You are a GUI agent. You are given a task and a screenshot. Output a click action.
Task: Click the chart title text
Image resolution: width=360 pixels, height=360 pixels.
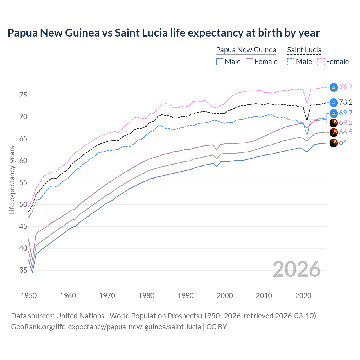(163, 33)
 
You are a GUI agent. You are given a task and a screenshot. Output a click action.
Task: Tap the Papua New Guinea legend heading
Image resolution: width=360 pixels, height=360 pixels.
(246, 50)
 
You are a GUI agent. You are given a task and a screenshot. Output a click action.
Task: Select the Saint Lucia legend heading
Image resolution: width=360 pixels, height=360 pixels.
(304, 50)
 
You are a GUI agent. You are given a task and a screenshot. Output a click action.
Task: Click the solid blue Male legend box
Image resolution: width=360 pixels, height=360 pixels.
(220, 62)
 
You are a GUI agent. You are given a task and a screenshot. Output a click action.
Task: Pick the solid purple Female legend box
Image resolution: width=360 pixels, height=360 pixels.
(250, 62)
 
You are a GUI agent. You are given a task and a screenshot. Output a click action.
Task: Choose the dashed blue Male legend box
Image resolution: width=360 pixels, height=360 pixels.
(291, 62)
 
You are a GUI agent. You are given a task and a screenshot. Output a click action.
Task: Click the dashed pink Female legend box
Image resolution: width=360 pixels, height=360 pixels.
(321, 62)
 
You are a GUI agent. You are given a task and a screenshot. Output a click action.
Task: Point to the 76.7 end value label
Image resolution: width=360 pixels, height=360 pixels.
(346, 87)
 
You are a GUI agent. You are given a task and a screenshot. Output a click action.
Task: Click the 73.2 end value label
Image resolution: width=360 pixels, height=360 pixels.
(346, 102)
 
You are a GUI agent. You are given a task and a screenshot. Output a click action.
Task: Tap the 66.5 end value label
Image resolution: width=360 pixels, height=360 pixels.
(346, 132)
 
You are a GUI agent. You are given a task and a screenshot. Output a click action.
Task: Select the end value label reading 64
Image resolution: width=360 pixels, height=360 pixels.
(343, 143)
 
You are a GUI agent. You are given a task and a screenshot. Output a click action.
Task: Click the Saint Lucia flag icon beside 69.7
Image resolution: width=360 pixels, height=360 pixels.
(334, 113)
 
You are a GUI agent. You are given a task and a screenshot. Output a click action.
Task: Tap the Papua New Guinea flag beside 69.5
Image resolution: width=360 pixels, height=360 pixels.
(334, 123)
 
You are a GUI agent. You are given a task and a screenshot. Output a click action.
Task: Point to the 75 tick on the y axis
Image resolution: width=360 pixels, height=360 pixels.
(23, 95)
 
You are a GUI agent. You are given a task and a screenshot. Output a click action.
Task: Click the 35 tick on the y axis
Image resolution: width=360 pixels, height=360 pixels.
(23, 270)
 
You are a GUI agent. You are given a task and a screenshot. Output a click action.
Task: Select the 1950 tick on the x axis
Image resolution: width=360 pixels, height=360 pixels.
(29, 296)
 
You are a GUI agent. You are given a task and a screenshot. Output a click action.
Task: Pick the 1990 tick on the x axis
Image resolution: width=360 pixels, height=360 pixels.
(186, 296)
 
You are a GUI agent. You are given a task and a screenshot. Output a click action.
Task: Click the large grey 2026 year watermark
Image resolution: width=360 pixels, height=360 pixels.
(297, 269)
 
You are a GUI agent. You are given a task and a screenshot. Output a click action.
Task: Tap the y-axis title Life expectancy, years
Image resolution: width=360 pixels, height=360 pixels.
(12, 180)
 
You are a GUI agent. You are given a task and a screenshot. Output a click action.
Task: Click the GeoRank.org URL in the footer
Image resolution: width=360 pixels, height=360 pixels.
(106, 327)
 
